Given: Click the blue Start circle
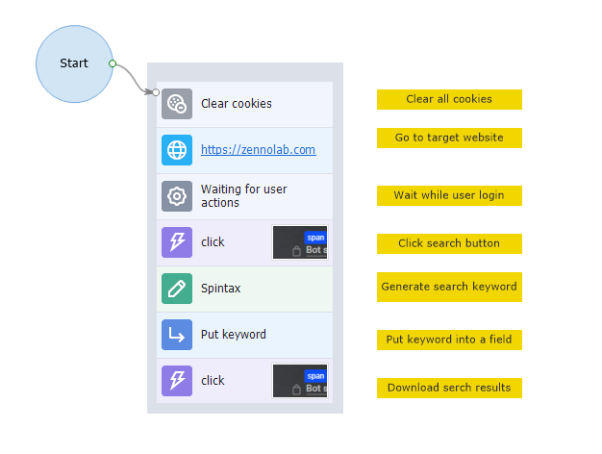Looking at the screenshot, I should pyautogui.click(x=73, y=63).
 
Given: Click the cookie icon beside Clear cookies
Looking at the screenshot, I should pyautogui.click(x=177, y=104).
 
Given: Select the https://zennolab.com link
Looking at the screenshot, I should pyautogui.click(x=258, y=150).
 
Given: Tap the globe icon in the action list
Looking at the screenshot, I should pyautogui.click(x=177, y=150).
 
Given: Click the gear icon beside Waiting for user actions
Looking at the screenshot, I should pyautogui.click(x=177, y=196).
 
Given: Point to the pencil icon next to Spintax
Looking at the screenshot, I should pyautogui.click(x=177, y=289).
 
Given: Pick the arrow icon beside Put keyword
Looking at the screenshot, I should pyautogui.click(x=177, y=335).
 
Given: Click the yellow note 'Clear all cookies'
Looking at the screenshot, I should pyautogui.click(x=449, y=99).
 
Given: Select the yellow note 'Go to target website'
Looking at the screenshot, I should pyautogui.click(x=449, y=138).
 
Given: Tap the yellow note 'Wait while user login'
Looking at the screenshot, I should pyautogui.click(x=449, y=195).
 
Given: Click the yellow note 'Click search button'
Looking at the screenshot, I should pyautogui.click(x=449, y=243).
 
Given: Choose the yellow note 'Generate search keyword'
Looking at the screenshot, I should pyautogui.click(x=449, y=287).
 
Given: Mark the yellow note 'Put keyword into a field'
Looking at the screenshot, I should pyautogui.click(x=449, y=340).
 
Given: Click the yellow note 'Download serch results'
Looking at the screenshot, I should pyautogui.click(x=449, y=388).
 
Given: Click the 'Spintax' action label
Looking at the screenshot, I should pyautogui.click(x=220, y=289).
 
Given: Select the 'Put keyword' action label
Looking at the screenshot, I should pyautogui.click(x=233, y=335).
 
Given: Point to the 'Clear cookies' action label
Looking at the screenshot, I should pyautogui.click(x=236, y=104).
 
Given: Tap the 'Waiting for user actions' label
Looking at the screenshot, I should pyautogui.click(x=243, y=196).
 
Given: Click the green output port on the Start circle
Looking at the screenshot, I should pyautogui.click(x=113, y=63).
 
